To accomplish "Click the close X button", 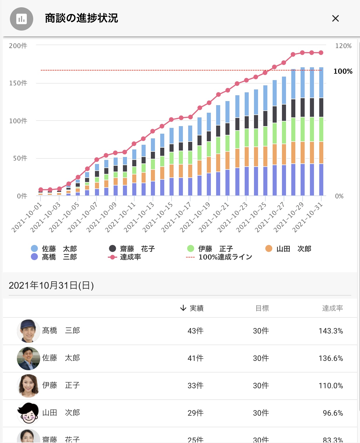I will tap(335, 19).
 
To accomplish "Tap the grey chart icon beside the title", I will tap(22, 19).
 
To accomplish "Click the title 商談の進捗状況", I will tap(82, 18).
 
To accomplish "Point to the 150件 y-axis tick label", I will tap(18, 83).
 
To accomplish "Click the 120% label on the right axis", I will tap(343, 46).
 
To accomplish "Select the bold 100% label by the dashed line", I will tap(343, 71).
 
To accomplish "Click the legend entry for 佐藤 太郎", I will tap(54, 249).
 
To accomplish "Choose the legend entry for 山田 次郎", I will tap(288, 249).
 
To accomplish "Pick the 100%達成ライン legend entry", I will tap(219, 257).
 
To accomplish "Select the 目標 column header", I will tap(262, 308).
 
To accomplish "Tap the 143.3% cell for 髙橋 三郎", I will tap(331, 331).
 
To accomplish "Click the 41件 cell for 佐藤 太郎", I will tap(195, 358).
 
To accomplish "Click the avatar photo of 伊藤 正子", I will tap(28, 386).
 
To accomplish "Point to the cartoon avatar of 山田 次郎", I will tap(28, 413).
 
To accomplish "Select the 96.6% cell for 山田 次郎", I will tap(333, 413).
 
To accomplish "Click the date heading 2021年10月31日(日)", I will tap(51, 285).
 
